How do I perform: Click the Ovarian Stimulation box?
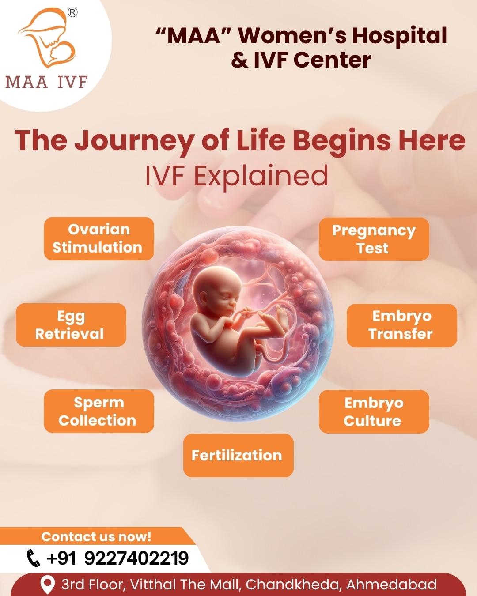pyautogui.click(x=98, y=238)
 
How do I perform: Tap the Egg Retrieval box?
pyautogui.click(x=71, y=324)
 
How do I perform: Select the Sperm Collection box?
pyautogui.click(x=98, y=411)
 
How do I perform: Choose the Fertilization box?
pyautogui.click(x=238, y=455)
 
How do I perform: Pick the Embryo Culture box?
pyautogui.click(x=374, y=411)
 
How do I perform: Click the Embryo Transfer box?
pyautogui.click(x=401, y=325)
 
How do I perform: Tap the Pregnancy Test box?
pyautogui.click(x=374, y=239)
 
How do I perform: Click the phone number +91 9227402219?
pyautogui.click(x=117, y=558)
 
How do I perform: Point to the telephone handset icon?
pyautogui.click(x=33, y=558)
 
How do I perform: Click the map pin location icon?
pyautogui.click(x=47, y=585)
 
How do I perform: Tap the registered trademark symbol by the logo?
pyautogui.click(x=72, y=12)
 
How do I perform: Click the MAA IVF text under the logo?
pyautogui.click(x=46, y=82)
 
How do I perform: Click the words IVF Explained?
pyautogui.click(x=237, y=176)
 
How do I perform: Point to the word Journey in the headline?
pyautogui.click(x=134, y=141)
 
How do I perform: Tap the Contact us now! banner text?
pyautogui.click(x=96, y=536)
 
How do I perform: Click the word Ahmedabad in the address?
pyautogui.click(x=391, y=585)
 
